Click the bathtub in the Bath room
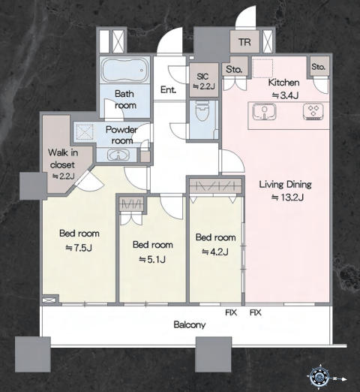click(124, 70)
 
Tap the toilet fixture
click(203, 111)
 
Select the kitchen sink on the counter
click(264, 111)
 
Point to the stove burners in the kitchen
click(313, 111)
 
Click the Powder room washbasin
click(118, 155)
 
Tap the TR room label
click(244, 42)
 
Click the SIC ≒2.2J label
click(204, 81)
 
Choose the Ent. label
click(168, 89)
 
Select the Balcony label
click(190, 325)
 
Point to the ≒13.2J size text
click(287, 198)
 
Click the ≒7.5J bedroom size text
click(79, 248)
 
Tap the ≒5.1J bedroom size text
click(152, 260)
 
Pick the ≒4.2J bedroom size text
click(215, 252)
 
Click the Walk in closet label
click(62, 158)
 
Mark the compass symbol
click(319, 377)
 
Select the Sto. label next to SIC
click(234, 69)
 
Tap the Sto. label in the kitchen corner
click(319, 67)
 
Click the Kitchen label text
click(283, 83)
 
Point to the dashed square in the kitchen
click(262, 68)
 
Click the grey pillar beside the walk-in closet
click(33, 186)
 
